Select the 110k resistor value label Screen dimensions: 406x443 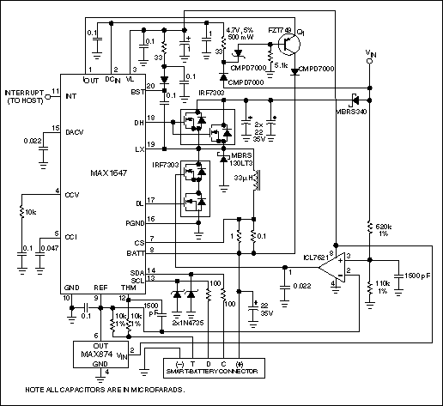coord(384,286)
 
